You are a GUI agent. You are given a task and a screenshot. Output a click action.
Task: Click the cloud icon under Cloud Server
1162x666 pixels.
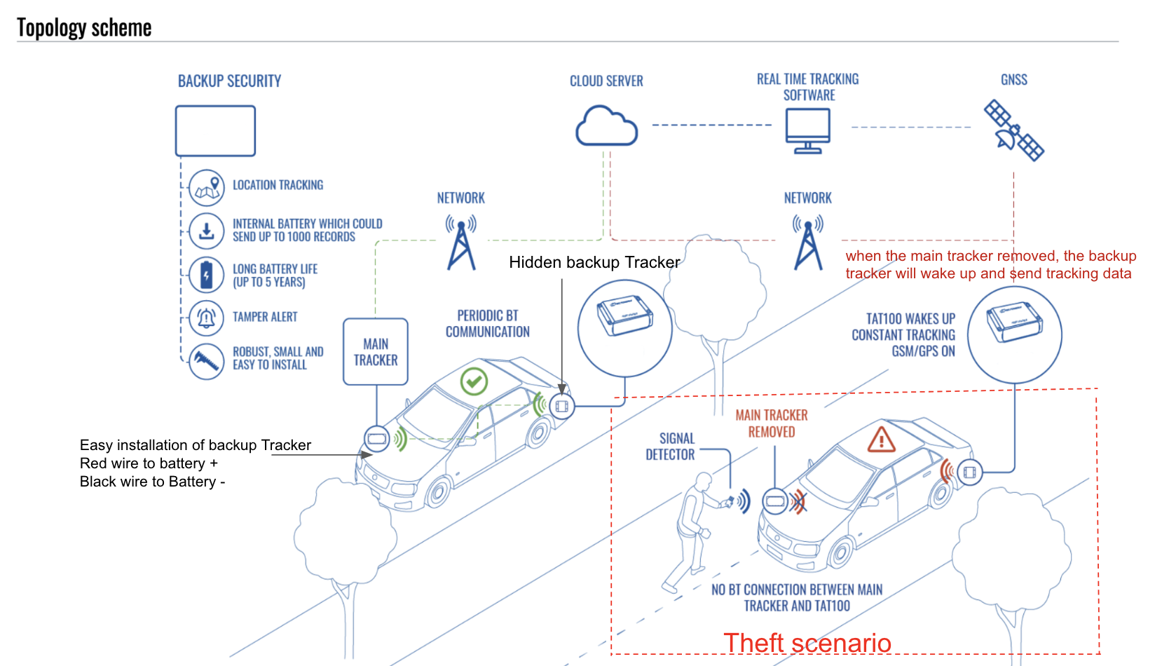click(x=606, y=126)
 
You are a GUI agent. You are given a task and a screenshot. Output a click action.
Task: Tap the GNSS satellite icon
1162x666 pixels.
click(x=1013, y=131)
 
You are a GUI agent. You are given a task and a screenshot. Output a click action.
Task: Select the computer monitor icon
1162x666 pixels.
click(x=807, y=130)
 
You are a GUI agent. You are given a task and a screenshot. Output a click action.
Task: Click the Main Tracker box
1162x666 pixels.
click(x=376, y=352)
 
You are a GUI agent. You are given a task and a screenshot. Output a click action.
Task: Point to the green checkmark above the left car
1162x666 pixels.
click(x=474, y=381)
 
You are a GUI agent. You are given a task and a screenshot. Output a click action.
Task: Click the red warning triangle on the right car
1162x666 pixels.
click(x=881, y=440)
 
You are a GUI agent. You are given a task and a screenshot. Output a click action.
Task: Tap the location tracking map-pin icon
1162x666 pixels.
click(x=207, y=187)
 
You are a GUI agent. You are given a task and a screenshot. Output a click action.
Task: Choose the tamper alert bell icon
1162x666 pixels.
click(x=207, y=318)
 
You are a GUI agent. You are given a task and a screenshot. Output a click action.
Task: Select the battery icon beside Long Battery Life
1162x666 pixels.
click(x=207, y=275)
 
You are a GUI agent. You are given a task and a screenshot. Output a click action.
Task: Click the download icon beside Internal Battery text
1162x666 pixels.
click(x=207, y=231)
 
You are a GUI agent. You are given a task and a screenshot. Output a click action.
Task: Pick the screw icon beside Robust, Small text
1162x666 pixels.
click(x=207, y=361)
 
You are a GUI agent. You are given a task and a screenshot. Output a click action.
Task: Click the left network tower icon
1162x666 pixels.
click(x=461, y=243)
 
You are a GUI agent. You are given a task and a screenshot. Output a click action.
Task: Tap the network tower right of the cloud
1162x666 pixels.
click(x=808, y=243)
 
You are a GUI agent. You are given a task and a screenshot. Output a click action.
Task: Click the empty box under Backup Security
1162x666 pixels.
click(x=215, y=131)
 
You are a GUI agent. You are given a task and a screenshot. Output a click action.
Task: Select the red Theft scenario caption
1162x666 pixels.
click(x=807, y=642)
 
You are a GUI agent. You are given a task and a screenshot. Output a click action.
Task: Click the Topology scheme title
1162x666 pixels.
click(x=84, y=28)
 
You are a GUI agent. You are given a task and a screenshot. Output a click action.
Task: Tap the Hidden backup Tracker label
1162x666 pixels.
click(x=594, y=262)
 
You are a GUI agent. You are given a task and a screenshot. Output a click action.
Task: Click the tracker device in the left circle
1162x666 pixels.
click(x=624, y=316)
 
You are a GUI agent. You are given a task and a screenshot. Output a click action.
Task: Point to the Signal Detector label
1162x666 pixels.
click(x=670, y=447)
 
